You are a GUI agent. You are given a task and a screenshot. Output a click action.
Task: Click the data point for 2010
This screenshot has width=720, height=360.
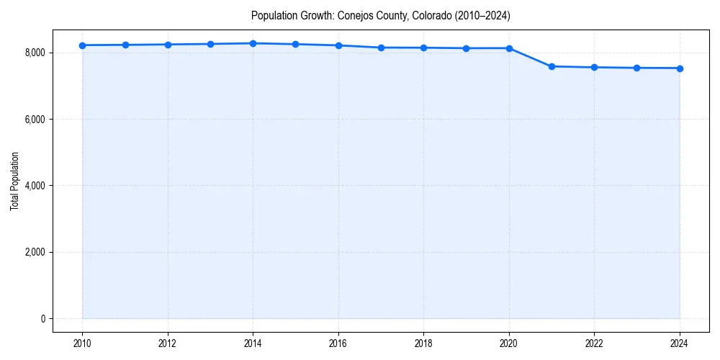pos(83,45)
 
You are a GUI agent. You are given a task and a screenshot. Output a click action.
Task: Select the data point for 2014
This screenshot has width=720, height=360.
pos(253,43)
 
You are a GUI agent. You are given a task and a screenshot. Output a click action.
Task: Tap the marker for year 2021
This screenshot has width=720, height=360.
pos(552,66)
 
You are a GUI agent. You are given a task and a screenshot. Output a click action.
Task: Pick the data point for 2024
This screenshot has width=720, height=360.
pos(680,68)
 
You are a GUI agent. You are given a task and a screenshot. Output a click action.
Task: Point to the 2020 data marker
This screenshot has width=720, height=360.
pos(509,48)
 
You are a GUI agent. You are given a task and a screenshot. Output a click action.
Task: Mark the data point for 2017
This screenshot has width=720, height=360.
pos(381,48)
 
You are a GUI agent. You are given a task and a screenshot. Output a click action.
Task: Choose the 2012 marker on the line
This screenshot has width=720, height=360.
pos(168,45)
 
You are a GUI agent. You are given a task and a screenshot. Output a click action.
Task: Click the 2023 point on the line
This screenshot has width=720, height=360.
pos(637,68)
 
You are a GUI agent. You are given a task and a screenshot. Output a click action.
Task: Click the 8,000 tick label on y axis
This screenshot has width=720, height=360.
pos(35,53)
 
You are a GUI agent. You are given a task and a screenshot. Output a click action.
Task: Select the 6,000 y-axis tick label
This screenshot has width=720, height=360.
pos(35,120)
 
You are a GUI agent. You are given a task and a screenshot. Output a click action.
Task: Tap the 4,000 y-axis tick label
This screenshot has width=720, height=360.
pos(35,186)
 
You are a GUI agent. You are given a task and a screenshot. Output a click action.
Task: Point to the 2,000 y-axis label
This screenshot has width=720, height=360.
pos(35,252)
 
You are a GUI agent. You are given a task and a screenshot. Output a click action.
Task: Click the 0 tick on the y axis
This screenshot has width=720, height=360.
pos(42,319)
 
